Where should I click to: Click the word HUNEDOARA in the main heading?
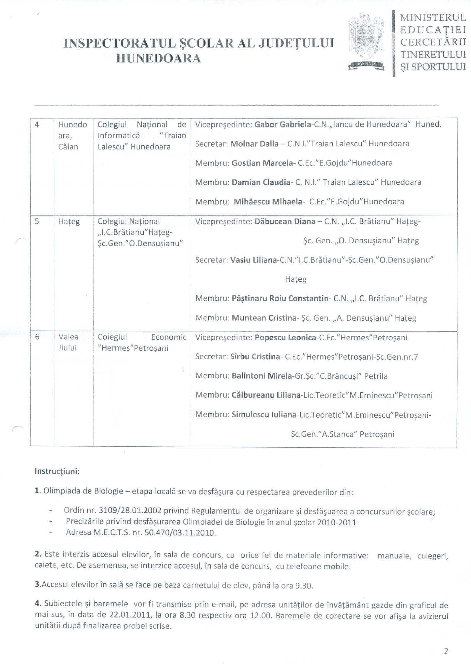pos(159,59)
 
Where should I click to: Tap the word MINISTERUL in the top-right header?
pos(433,18)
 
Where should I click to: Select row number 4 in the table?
pos(37,124)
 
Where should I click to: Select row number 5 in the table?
pos(37,221)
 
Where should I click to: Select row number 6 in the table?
pos(37,337)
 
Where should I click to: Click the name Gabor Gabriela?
pos(282,124)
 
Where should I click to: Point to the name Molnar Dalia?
pos(254,144)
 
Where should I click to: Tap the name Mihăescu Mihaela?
pos(268,202)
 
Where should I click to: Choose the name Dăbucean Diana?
pos(285,221)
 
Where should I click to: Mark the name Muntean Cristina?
pos(264,318)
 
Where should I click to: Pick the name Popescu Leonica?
pos(285,338)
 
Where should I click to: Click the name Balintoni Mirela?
pos(262,376)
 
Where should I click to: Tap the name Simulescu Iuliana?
pos(264,415)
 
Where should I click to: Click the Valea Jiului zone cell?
pos(68,342)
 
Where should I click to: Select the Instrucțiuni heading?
pos(57,471)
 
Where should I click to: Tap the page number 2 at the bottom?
pos(446,650)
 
